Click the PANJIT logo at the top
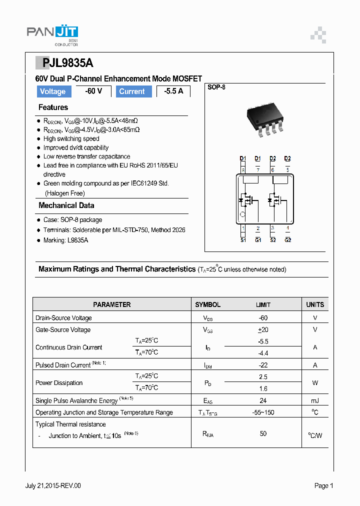click(x=52, y=33)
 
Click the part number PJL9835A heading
click(x=64, y=63)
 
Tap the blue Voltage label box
click(x=52, y=91)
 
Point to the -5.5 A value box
click(x=173, y=91)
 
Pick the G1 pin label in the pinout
click(x=258, y=240)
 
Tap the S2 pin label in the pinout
click(x=273, y=240)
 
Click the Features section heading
click(x=53, y=107)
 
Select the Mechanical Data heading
click(x=66, y=205)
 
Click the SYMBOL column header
click(x=207, y=304)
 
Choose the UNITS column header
click(x=315, y=304)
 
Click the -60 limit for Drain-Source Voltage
click(x=263, y=318)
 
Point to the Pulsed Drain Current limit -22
click(x=263, y=365)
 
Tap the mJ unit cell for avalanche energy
click(x=315, y=400)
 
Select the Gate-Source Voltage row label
click(x=63, y=330)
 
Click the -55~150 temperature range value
click(x=263, y=412)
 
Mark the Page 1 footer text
click(x=323, y=485)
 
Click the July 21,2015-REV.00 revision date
click(x=53, y=485)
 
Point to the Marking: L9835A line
click(x=65, y=240)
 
